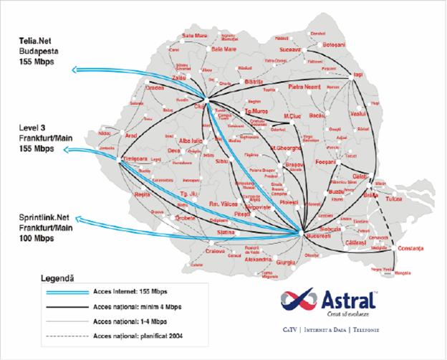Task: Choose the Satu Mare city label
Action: click(x=195, y=35)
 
